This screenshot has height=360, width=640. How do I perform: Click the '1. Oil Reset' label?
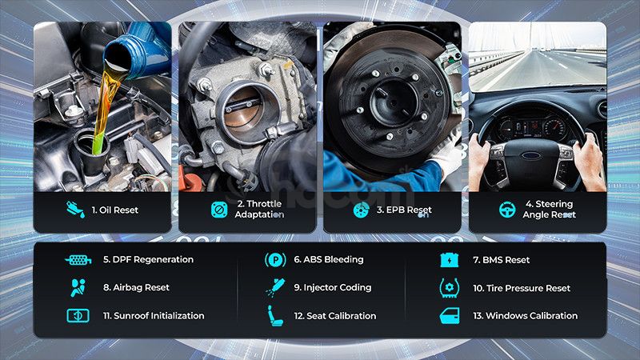point(115,210)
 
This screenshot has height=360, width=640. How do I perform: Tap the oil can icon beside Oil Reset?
point(75,210)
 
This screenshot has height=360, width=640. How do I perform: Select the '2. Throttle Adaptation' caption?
point(259,209)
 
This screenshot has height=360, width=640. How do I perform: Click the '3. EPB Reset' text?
point(404,210)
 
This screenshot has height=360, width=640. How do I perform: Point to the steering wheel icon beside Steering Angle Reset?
point(507,210)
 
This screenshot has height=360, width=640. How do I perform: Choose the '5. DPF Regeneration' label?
point(148,259)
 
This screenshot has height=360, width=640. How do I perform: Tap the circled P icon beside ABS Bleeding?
point(275,259)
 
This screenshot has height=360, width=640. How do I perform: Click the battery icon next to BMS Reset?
point(450,260)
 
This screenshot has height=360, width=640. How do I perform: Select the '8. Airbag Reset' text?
point(136,287)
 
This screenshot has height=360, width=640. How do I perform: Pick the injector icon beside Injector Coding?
point(275,287)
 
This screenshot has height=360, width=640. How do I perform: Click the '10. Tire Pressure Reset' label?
point(522,288)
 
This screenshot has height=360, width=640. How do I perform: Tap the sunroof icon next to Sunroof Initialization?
point(78,315)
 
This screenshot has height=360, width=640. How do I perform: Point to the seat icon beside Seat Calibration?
point(275,315)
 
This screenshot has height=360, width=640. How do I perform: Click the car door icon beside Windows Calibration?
point(450,316)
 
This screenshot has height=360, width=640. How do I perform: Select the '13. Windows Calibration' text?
point(526,316)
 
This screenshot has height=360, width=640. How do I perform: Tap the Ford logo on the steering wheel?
point(531,156)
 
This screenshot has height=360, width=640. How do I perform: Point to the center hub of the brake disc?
point(393,103)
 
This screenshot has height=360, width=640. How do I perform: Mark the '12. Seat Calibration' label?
point(335,316)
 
